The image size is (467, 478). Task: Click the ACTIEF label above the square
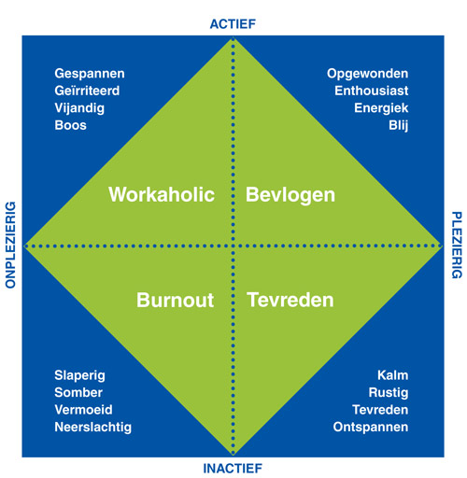click(x=233, y=24)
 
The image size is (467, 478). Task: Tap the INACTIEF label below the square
click(x=233, y=469)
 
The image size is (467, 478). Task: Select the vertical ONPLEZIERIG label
click(x=10, y=245)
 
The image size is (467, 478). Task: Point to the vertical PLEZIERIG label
click(x=457, y=245)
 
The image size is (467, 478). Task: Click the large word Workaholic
click(x=162, y=195)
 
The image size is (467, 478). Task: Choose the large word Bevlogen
click(x=290, y=195)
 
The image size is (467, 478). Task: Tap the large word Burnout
click(x=175, y=301)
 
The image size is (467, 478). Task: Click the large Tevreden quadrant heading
click(x=290, y=301)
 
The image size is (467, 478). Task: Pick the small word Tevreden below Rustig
click(x=380, y=410)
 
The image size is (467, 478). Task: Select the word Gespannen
click(x=90, y=74)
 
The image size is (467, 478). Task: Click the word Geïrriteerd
click(x=87, y=91)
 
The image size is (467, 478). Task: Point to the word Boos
click(x=71, y=125)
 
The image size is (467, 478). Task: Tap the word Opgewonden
click(x=367, y=74)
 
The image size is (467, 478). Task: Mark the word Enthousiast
click(x=372, y=91)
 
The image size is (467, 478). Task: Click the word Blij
click(x=399, y=126)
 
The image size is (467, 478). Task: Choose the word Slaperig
click(x=79, y=376)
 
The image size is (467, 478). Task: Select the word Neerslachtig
click(x=93, y=428)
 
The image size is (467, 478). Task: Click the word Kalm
click(x=393, y=375)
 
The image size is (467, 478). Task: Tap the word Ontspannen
click(x=371, y=428)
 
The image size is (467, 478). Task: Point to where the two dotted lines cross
click(x=233, y=246)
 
